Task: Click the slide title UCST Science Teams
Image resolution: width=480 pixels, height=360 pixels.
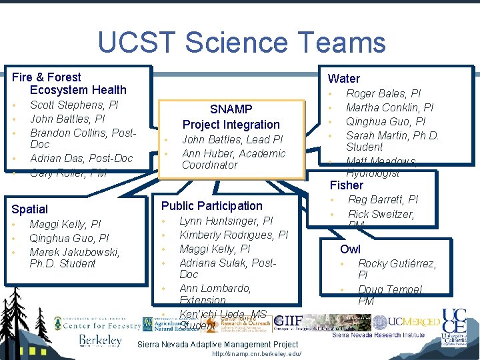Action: pos(241,43)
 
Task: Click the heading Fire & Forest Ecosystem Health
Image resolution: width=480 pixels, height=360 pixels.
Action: pos(70,83)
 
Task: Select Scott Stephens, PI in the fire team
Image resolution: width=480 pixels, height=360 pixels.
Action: pos(74,105)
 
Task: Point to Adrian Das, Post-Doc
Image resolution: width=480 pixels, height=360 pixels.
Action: pos(81,158)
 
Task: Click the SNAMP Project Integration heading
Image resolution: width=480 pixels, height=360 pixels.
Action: pos(231,117)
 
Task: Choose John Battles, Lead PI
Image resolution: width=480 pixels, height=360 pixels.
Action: pos(232,139)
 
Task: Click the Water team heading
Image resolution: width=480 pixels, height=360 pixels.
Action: pos(344,79)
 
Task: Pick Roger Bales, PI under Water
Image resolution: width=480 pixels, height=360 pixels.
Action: pos(383,93)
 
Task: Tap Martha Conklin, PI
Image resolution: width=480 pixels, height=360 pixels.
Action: pos(389,107)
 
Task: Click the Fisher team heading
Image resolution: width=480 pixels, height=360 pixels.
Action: pos(347,185)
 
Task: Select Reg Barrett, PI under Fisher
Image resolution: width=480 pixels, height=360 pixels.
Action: pos(383,200)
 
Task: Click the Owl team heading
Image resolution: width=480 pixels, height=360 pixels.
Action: pos(350,249)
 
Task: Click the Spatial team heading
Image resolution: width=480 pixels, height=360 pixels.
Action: pos(30,209)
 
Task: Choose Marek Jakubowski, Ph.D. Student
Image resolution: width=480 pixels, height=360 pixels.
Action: pos(75,257)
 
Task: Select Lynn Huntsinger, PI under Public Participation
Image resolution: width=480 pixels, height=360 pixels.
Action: pos(226,221)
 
